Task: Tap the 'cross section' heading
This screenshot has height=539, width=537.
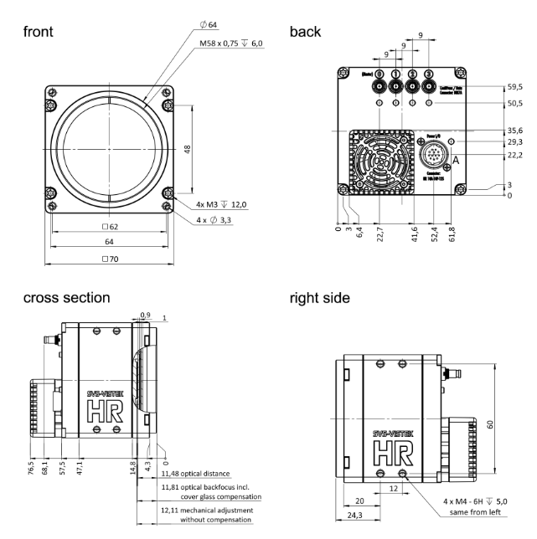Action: (66, 299)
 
